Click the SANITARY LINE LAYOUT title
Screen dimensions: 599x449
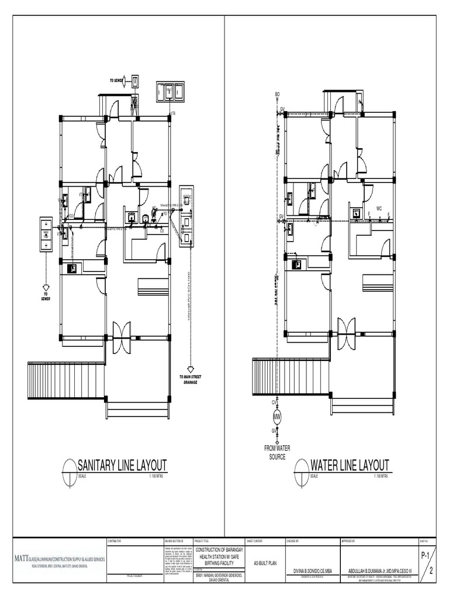tap(122, 465)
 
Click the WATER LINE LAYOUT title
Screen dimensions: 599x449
tap(350, 465)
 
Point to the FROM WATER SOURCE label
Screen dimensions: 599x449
tap(277, 453)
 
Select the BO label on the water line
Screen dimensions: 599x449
tap(277, 94)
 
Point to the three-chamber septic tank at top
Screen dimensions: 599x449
tap(169, 91)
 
